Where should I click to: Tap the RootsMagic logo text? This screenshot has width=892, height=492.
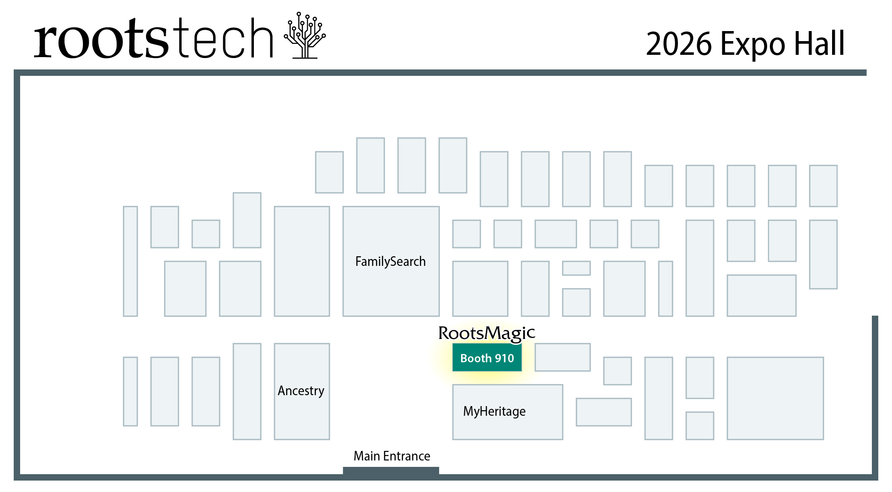click(486, 333)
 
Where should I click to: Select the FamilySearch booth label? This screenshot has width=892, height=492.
click(390, 261)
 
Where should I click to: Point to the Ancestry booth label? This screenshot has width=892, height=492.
click(301, 391)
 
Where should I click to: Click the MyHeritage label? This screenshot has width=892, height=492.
click(494, 411)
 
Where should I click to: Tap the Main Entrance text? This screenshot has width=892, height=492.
click(392, 456)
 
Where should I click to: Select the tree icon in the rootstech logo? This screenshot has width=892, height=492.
click(304, 36)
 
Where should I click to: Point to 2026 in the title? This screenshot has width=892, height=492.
click(679, 44)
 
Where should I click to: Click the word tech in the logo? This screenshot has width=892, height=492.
click(224, 39)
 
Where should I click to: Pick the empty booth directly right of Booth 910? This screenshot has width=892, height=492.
click(562, 357)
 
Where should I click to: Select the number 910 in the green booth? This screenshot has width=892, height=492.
click(504, 359)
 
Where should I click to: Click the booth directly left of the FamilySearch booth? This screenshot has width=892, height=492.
click(301, 261)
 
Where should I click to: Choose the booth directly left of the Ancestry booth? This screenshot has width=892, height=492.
click(247, 391)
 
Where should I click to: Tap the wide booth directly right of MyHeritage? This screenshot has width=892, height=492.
click(603, 412)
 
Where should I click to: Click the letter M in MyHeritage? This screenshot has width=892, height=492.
click(468, 411)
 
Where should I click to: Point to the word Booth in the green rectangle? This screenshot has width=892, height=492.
click(476, 359)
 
